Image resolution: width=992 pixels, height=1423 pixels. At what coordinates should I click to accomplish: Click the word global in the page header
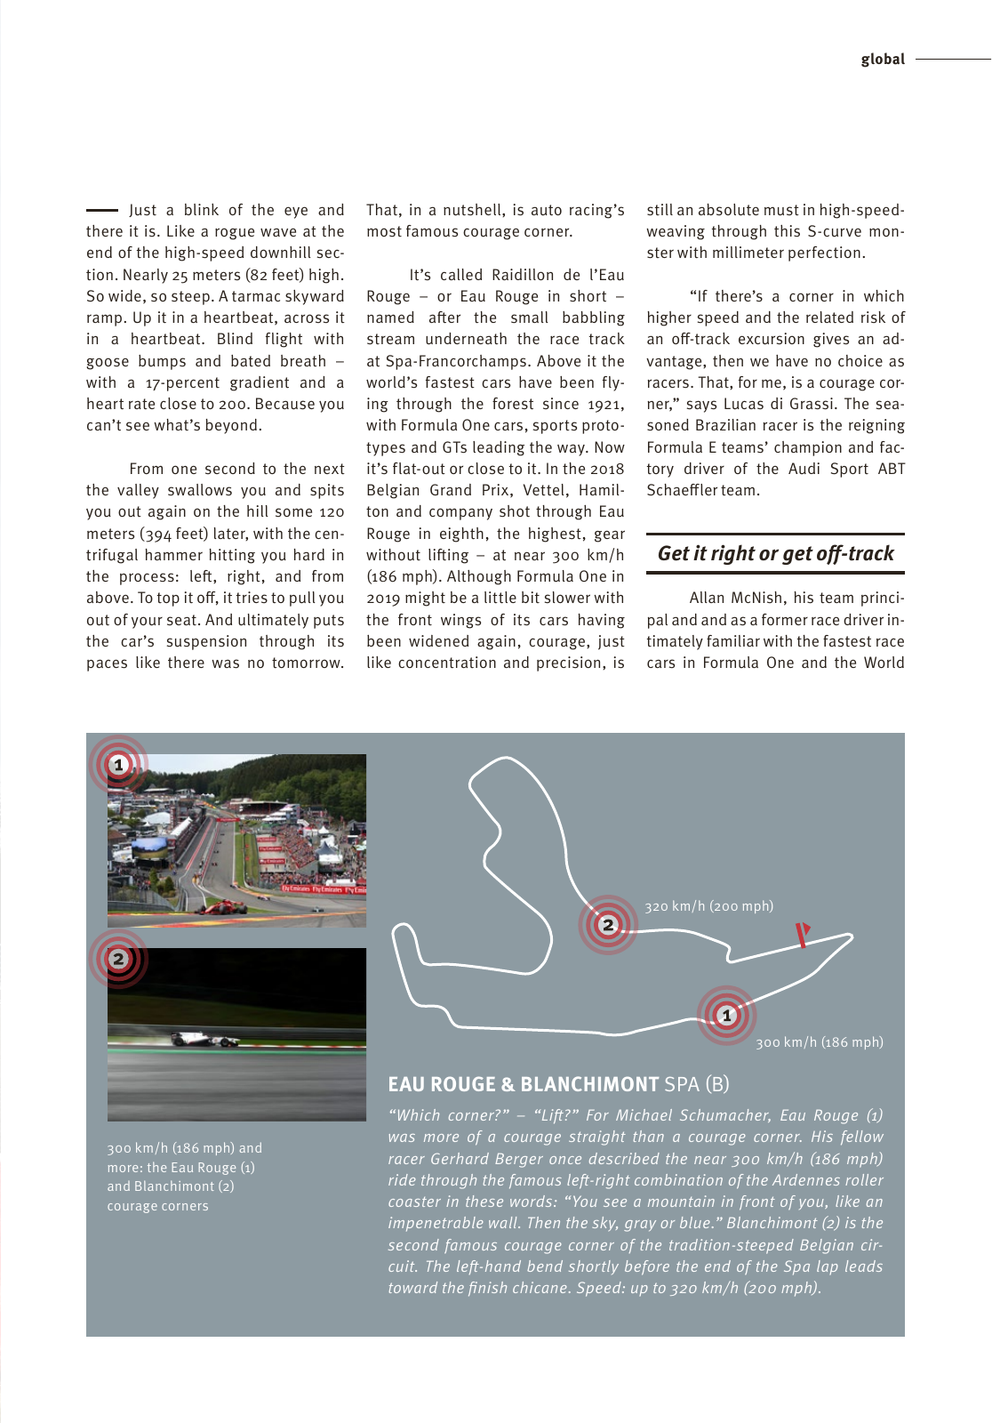point(882,60)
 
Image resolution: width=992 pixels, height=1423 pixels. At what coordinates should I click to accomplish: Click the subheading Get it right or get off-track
point(775,553)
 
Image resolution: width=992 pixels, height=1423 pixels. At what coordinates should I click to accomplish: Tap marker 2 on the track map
point(608,925)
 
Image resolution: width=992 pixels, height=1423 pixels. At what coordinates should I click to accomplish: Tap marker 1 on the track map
point(726,1015)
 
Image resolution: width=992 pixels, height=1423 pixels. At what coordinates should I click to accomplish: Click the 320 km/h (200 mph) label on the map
point(708,906)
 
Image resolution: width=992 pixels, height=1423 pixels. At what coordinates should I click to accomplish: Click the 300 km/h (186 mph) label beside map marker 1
point(819,1042)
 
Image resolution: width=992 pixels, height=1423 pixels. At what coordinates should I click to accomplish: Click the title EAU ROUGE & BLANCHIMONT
point(523,1084)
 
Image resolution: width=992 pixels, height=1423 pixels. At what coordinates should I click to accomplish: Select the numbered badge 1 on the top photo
point(118,765)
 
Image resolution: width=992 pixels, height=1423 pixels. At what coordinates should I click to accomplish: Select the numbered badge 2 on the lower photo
point(118,959)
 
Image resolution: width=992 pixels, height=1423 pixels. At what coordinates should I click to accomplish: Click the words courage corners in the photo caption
point(157,1206)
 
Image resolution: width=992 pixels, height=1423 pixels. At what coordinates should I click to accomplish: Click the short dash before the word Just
point(101,210)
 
